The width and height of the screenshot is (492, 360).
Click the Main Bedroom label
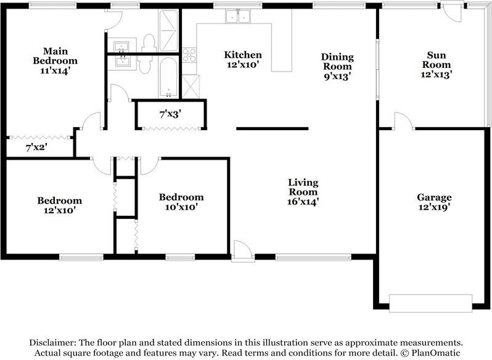tap(55, 56)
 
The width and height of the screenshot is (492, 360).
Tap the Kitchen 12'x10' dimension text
tap(243, 65)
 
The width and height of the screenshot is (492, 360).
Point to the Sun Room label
tap(437, 60)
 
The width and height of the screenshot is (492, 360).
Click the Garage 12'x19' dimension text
tap(435, 207)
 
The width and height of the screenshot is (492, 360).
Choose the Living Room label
tap(303, 187)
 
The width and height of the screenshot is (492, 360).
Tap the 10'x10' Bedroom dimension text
tap(181, 207)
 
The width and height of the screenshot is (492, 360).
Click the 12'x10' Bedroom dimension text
tap(60, 210)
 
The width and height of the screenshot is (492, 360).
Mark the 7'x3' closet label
tap(170, 114)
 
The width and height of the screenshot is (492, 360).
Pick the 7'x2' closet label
tap(36, 147)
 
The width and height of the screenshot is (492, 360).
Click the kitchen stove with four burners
tap(189, 55)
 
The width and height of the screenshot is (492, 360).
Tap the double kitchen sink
tap(238, 16)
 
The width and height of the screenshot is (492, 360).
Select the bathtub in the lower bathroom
tap(168, 77)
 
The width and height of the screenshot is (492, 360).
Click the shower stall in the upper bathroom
tap(168, 30)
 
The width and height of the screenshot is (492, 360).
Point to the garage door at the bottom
tap(430, 303)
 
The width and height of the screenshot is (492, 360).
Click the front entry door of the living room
tap(243, 251)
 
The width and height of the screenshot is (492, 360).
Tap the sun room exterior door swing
tap(452, 12)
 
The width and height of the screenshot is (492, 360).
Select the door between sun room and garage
tap(403, 121)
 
